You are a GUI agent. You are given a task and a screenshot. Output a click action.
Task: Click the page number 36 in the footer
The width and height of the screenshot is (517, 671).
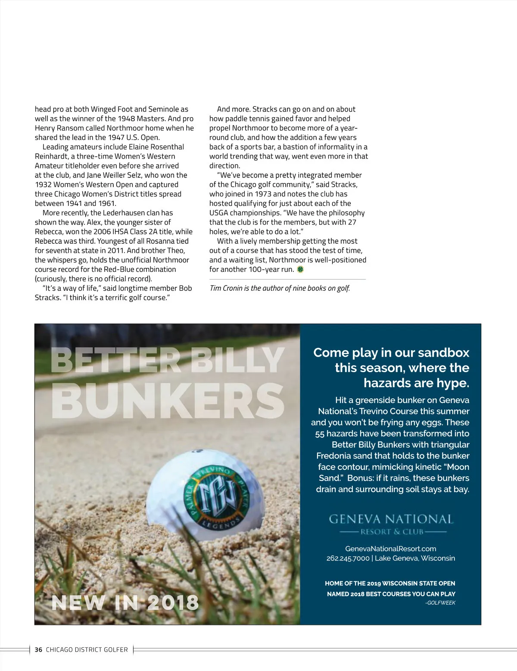(38, 649)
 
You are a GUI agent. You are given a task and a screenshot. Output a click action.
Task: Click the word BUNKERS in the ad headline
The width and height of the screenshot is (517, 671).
(168, 401)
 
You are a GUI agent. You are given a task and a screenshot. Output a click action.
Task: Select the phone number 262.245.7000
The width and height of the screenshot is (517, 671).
(348, 558)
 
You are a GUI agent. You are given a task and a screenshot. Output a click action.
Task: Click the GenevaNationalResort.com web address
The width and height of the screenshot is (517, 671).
(390, 549)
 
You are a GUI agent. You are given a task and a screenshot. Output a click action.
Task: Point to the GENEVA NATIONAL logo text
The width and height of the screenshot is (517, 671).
(391, 519)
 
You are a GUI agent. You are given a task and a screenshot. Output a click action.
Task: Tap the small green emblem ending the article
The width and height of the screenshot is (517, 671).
(300, 269)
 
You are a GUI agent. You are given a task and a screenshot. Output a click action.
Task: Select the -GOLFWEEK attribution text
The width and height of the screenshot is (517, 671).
(440, 603)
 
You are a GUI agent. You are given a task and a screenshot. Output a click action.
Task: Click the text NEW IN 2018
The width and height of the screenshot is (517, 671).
(125, 603)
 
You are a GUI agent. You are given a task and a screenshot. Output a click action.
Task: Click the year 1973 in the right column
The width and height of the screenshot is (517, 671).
(263, 194)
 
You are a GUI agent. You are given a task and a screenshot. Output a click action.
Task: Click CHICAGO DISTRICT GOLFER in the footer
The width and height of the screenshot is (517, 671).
(87, 649)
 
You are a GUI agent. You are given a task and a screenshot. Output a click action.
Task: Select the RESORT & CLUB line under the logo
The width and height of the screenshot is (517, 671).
(392, 531)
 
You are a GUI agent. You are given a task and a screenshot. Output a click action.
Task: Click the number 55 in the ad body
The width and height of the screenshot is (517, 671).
(320, 434)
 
